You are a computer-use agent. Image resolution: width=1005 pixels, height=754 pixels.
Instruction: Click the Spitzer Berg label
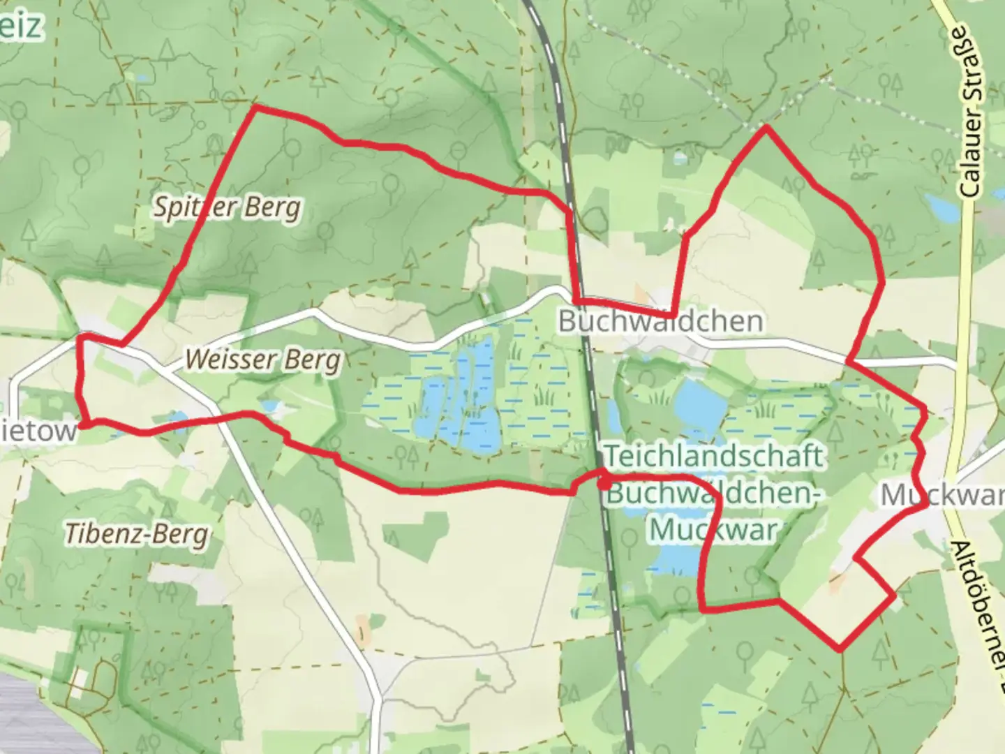point(227,208)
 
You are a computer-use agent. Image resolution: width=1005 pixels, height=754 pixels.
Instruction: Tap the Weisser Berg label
point(264,360)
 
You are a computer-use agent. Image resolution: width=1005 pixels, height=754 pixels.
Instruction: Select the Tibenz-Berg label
point(137,534)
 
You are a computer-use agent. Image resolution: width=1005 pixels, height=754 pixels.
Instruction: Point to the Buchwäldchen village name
point(660,321)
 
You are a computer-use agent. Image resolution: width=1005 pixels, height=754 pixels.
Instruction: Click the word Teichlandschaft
point(713,457)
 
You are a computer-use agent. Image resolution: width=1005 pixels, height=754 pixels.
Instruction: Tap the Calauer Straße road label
point(971,112)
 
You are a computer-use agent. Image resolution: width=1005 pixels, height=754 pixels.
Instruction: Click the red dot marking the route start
point(604,482)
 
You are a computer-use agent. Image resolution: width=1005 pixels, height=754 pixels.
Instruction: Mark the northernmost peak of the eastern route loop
point(766,127)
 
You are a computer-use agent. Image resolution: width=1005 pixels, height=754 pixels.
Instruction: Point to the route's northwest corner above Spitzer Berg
point(255,108)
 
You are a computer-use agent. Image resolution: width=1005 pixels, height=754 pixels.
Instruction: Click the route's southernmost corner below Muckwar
point(840,649)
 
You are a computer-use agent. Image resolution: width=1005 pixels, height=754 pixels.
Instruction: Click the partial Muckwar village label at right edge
point(942,494)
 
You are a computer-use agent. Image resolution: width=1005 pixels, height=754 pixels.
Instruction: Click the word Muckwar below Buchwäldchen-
point(713,529)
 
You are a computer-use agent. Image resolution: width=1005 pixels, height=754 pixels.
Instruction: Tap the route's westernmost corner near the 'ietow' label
point(82,423)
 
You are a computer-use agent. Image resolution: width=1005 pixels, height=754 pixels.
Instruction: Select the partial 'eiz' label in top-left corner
point(21,27)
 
